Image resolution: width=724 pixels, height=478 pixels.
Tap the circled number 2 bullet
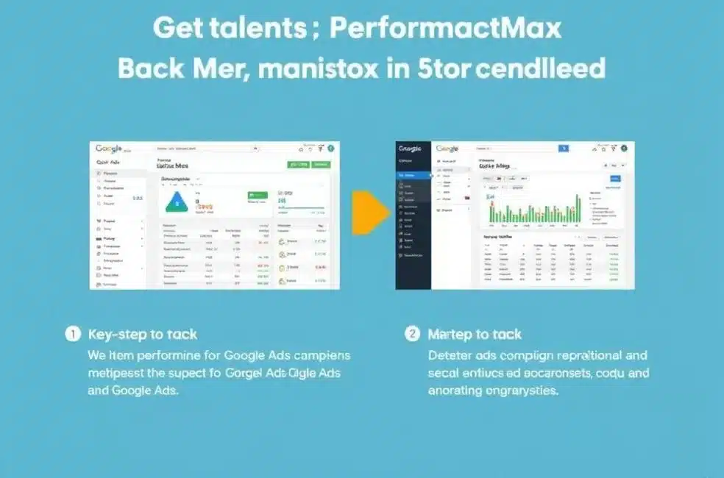413,334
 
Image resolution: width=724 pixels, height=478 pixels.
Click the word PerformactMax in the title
446,29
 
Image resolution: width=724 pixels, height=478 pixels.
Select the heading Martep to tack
475,335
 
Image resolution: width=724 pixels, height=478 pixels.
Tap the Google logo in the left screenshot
109,149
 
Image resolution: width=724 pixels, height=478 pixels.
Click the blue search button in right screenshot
564,148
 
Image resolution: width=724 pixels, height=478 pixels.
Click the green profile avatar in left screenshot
331,148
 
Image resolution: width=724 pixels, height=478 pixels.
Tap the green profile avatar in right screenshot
624,148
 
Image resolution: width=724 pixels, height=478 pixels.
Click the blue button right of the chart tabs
615,178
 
